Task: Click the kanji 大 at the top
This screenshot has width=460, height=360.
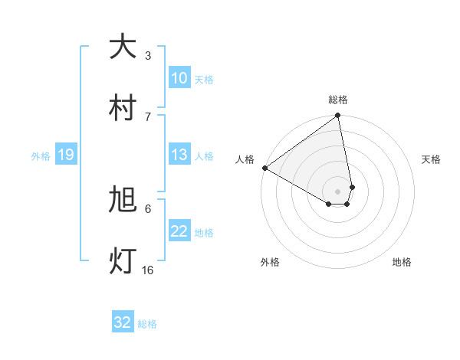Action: [123, 47]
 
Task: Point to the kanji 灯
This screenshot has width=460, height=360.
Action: [123, 261]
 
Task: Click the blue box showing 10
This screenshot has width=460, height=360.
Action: [179, 78]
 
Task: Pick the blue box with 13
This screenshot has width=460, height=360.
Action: [179, 155]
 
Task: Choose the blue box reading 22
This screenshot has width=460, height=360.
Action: [179, 232]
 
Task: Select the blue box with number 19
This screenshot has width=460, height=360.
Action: [65, 155]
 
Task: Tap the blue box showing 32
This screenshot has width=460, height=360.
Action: [123, 322]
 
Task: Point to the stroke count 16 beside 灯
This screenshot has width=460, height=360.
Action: [148, 270]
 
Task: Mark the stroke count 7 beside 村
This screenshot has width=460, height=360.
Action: [148, 116]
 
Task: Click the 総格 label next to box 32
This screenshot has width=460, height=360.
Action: [147, 324]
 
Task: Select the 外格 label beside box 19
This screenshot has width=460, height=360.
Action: [41, 156]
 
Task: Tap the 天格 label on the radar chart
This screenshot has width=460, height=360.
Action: [432, 159]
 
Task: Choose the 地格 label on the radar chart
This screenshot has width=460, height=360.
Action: [402, 262]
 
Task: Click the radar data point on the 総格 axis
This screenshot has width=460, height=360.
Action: [338, 116]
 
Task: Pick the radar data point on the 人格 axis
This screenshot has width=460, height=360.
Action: [264, 168]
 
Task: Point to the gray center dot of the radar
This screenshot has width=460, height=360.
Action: [337, 191]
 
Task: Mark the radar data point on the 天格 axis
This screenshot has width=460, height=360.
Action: [352, 186]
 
